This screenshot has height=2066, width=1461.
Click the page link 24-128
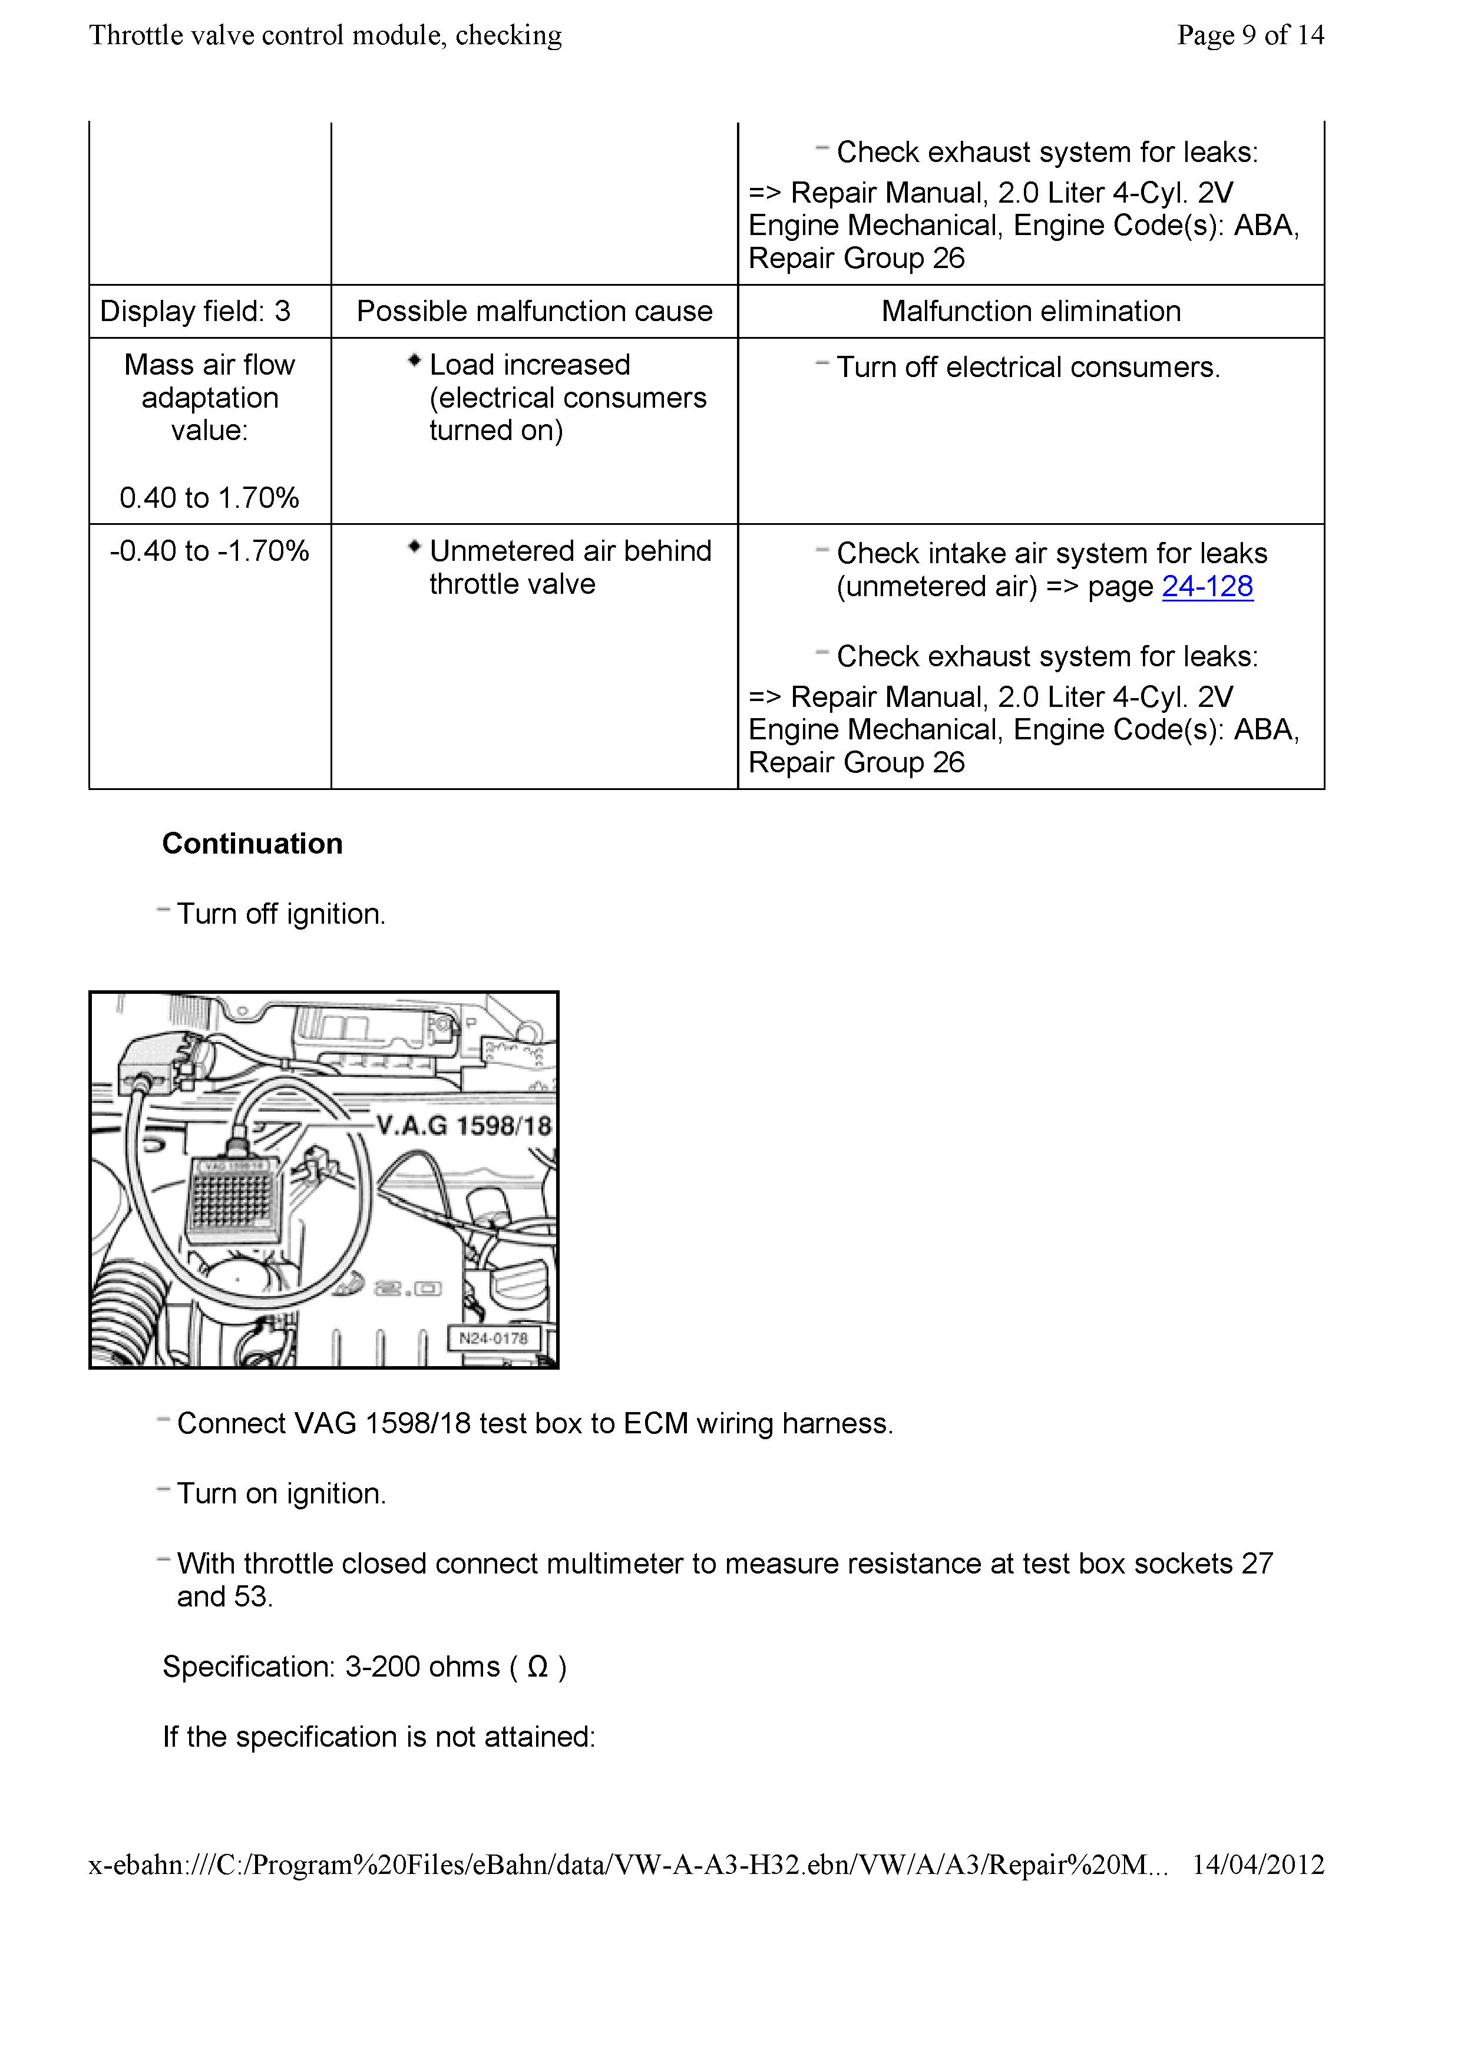click(x=1207, y=587)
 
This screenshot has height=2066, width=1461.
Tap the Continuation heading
click(x=252, y=844)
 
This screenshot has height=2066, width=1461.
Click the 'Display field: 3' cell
click(x=195, y=311)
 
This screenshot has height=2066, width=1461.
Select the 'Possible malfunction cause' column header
click(x=534, y=311)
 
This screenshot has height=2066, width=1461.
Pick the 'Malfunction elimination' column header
click(x=1031, y=311)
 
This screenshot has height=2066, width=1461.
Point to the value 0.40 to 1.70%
click(x=210, y=498)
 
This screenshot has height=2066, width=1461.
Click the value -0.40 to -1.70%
click(x=210, y=551)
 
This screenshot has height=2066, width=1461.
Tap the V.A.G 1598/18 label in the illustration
click(x=463, y=1126)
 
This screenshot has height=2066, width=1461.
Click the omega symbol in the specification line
click(x=537, y=1667)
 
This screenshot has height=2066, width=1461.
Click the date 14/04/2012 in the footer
click(x=1258, y=1865)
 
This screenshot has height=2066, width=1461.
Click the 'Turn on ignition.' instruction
click(x=280, y=1494)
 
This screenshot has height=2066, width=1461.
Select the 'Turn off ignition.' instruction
click(x=280, y=914)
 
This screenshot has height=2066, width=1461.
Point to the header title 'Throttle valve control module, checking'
click(x=326, y=35)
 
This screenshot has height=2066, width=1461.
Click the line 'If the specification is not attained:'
click(x=379, y=1737)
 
